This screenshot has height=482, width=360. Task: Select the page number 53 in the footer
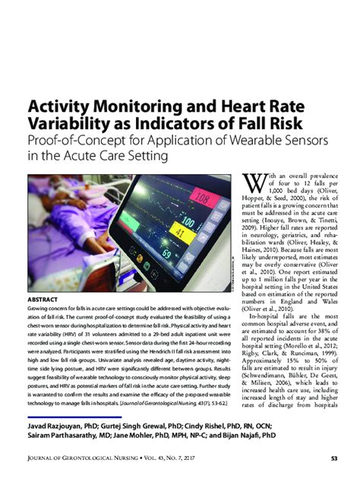pos(332,458)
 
